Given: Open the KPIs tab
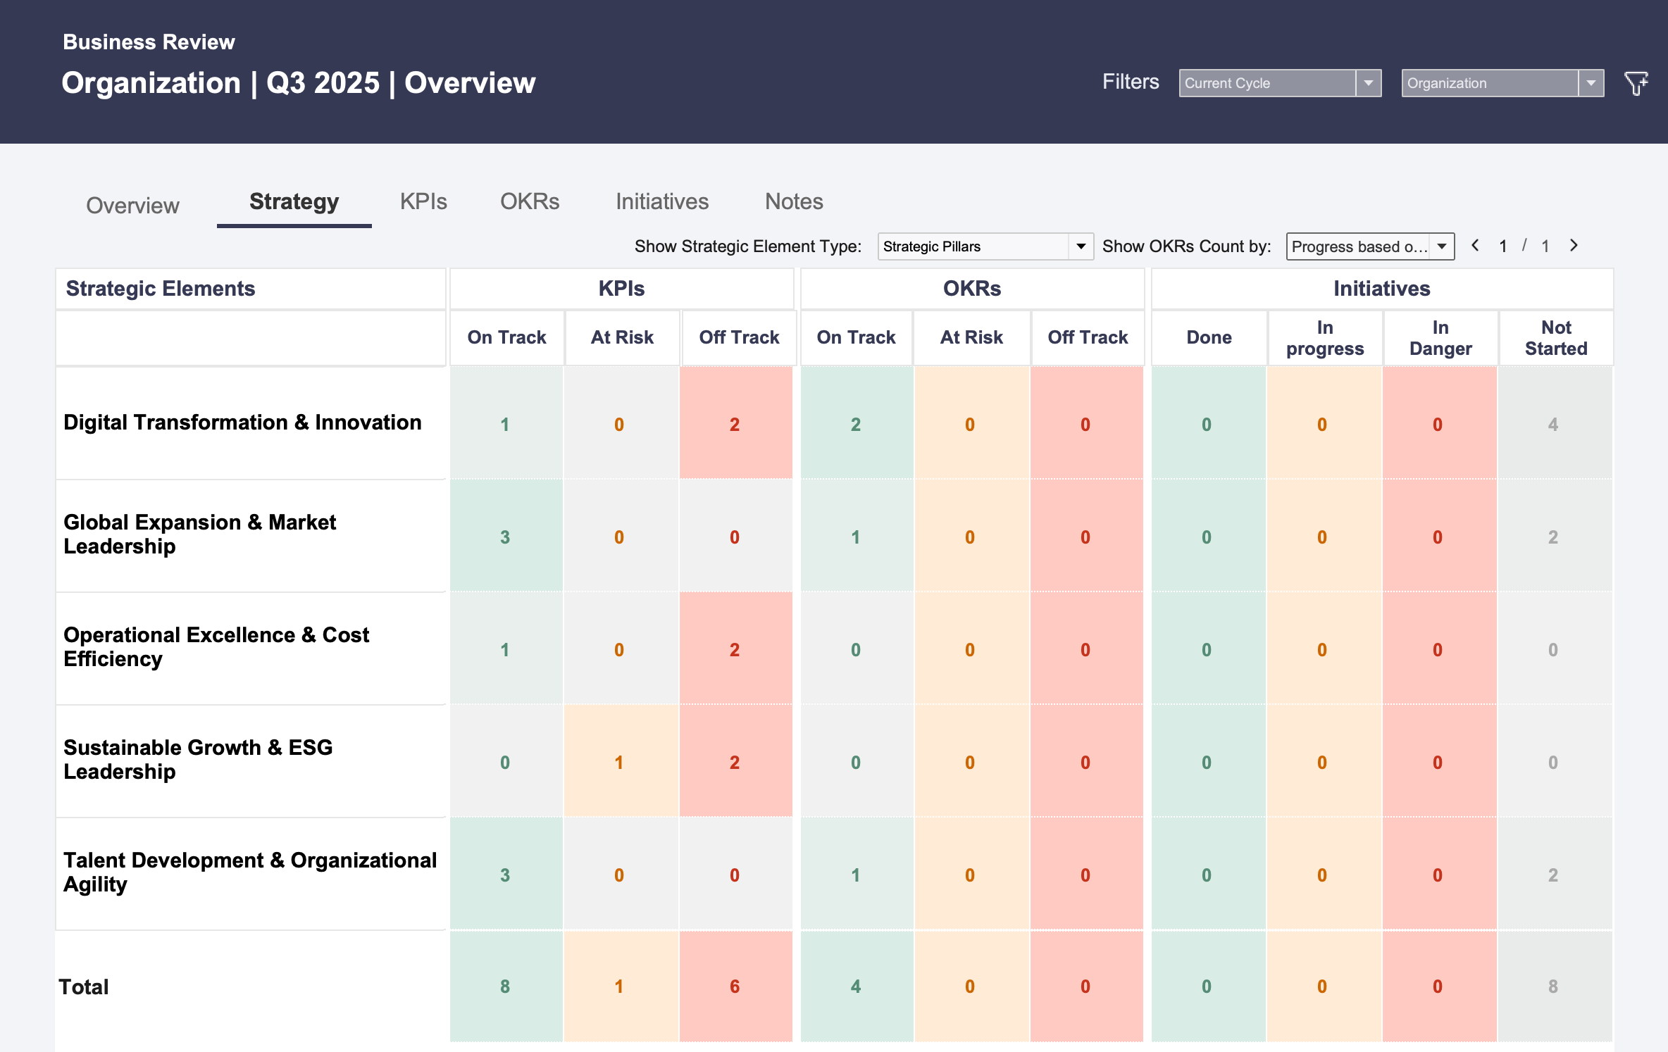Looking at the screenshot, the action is [x=423, y=201].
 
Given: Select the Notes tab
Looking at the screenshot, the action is [x=794, y=201].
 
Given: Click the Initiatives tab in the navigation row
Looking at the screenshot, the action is [x=662, y=201].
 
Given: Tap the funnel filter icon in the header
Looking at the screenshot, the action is [x=1636, y=83].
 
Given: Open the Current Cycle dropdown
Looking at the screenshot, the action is [x=1280, y=83].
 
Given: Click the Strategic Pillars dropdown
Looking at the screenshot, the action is [x=985, y=246].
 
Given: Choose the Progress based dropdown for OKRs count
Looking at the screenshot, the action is [x=1370, y=246].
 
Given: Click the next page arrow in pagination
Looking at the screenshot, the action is [x=1574, y=245].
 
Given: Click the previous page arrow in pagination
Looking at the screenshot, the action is [x=1475, y=245].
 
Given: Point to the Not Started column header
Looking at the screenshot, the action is [x=1556, y=338].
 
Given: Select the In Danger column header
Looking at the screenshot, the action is [x=1440, y=338].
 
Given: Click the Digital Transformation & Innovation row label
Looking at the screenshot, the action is [x=242, y=422].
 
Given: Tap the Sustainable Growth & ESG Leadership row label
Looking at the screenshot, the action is [x=198, y=759].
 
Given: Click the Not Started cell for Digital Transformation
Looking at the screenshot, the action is [x=1555, y=423].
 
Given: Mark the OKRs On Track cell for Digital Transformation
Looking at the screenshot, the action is [x=857, y=423].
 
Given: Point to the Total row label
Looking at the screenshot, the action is [x=84, y=987].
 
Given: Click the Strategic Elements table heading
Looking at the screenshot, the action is [x=161, y=289].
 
